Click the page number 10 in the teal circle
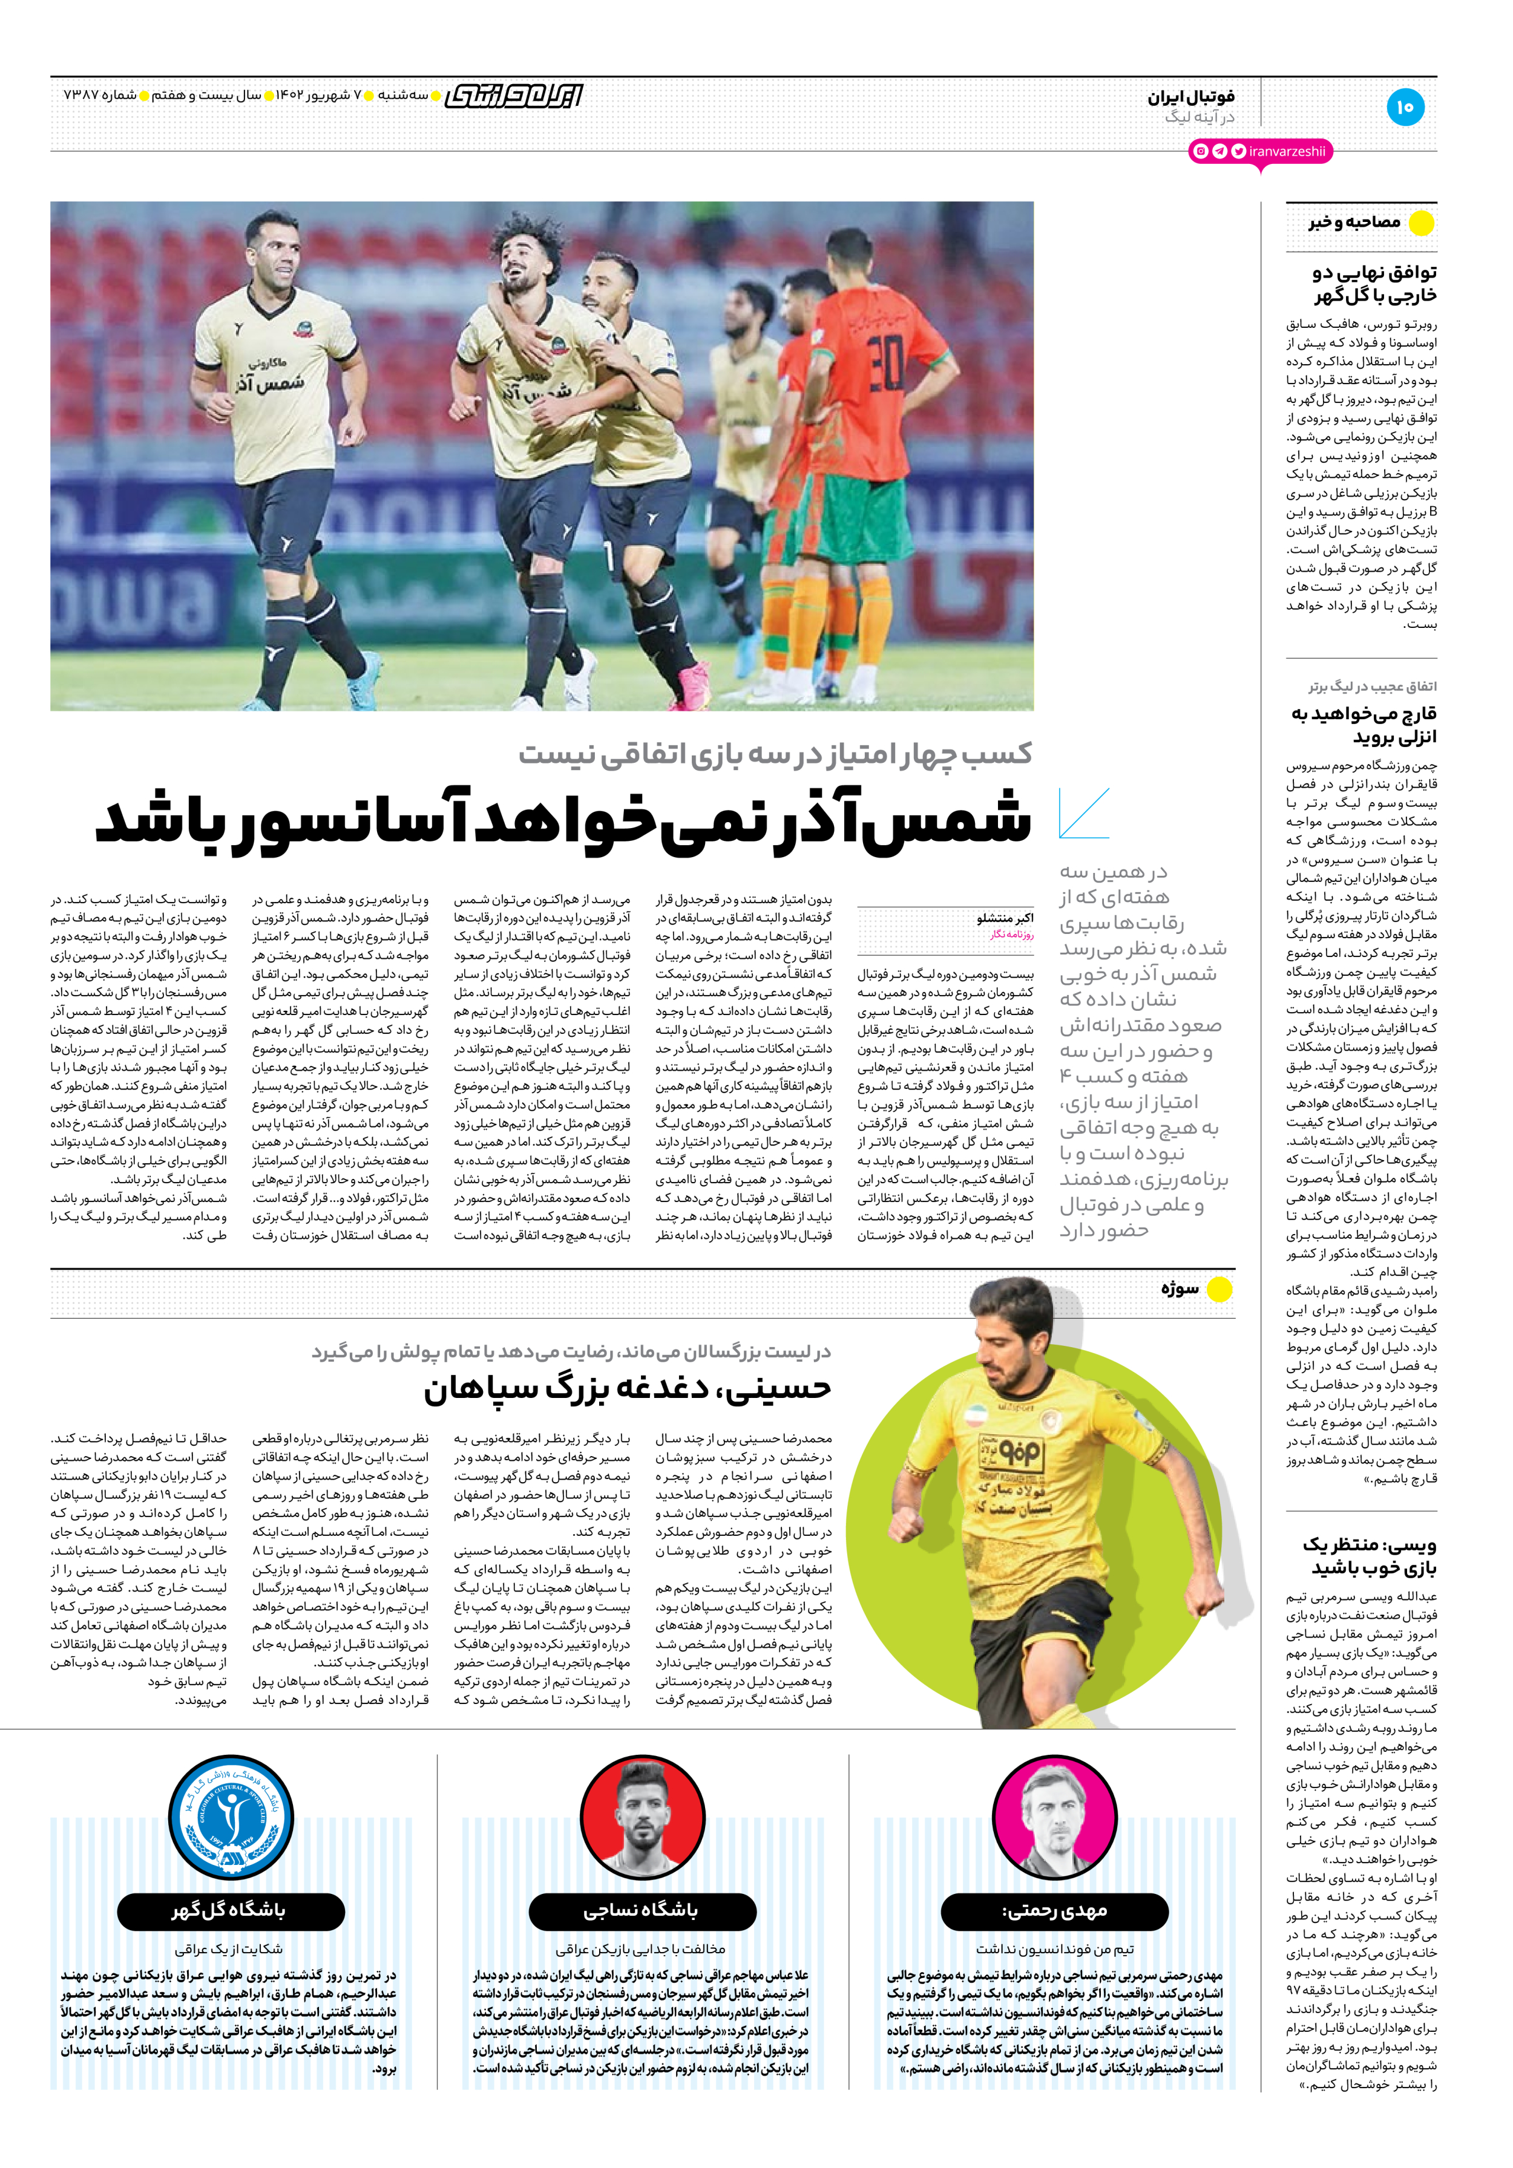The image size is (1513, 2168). (x=1405, y=106)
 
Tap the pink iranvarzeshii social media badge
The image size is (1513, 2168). (x=1261, y=151)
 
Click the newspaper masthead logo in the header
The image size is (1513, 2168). (x=514, y=96)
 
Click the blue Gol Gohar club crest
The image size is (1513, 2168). (x=229, y=1818)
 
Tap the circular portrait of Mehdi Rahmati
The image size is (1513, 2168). (x=1055, y=1818)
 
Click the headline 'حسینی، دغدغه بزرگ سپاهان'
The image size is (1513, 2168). (x=627, y=1387)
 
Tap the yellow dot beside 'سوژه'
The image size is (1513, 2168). (x=1219, y=1289)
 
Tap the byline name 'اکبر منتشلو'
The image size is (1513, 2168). (x=1005, y=918)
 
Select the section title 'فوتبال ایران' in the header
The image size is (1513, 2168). (x=1191, y=96)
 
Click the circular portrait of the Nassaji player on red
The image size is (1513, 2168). (x=642, y=1818)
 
